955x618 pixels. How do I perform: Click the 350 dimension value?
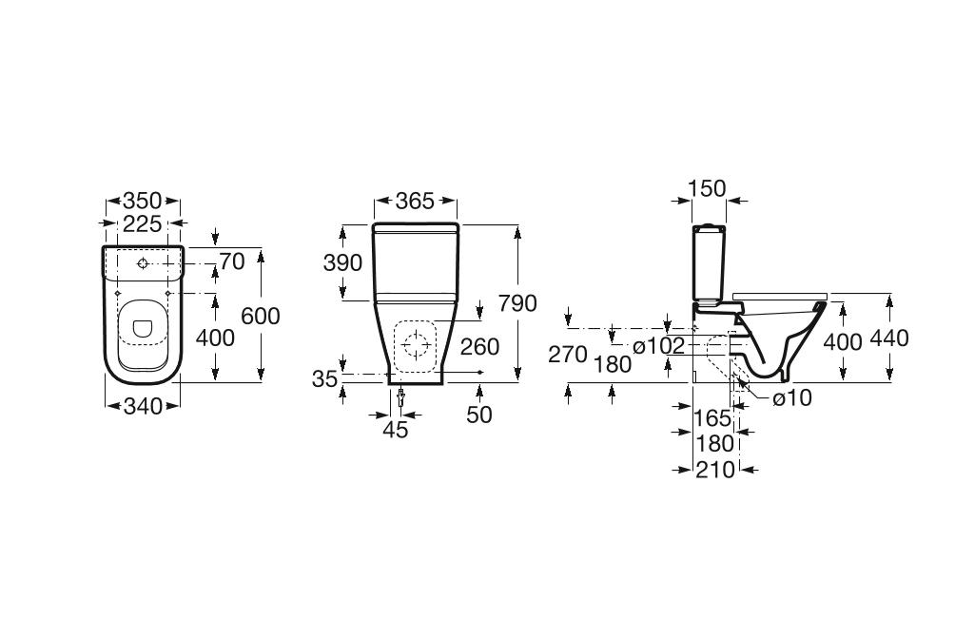pos(142,202)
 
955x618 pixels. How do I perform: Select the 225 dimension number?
pos(142,224)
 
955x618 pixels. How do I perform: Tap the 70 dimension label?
pos(232,261)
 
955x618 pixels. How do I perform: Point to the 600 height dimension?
pos(261,316)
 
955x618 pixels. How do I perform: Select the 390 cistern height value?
pos(343,263)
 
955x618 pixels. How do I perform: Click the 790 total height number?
pos(517,303)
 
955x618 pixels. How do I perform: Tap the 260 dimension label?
pos(479,347)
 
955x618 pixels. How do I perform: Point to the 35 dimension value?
pos(325,379)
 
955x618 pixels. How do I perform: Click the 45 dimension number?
pos(396,430)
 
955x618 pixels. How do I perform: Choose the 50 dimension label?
pos(479,415)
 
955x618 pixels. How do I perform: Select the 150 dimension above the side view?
pos(707,189)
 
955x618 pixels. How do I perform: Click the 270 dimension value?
pos(568,355)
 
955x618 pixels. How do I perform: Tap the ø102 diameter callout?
pos(658,346)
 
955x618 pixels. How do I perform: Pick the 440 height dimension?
pos(889,338)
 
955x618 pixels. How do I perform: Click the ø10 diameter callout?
pos(792,398)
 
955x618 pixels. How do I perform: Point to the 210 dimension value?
pos(715,469)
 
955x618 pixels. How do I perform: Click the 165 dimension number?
pos(712,417)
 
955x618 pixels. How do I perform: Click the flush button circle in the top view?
pos(142,262)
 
